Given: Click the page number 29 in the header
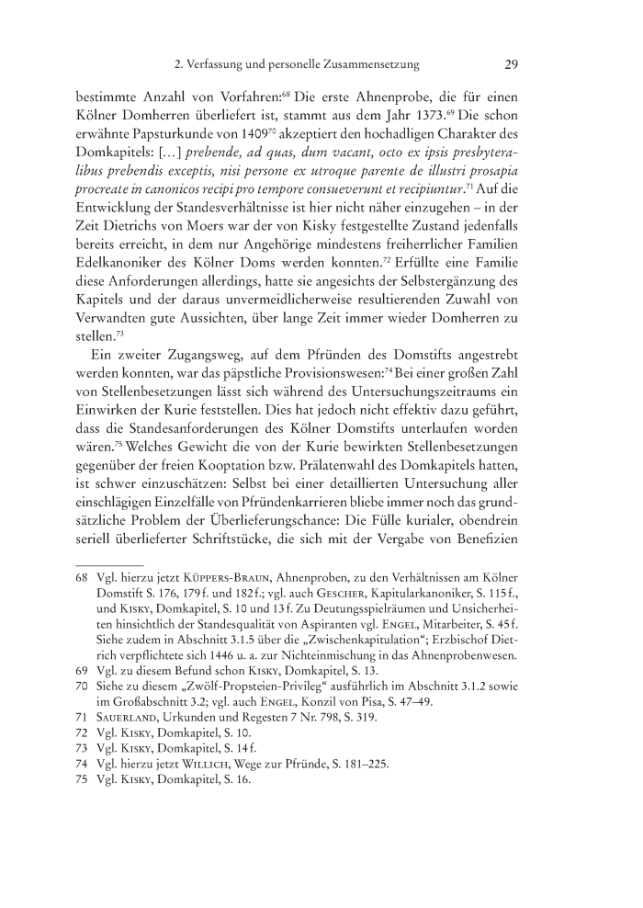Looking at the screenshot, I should pos(513,65).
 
